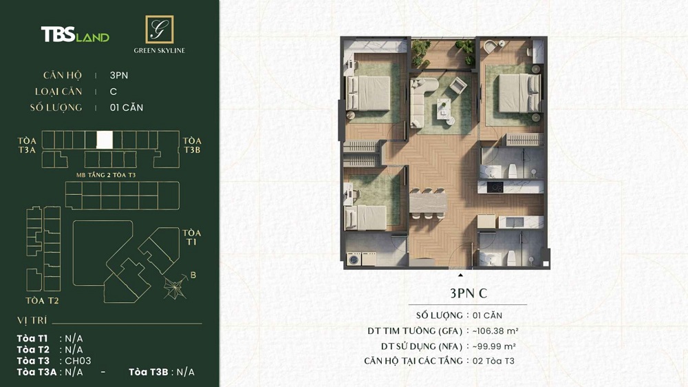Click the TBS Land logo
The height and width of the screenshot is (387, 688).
pos(75,35)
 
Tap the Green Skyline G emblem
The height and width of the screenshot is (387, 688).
pos(159,30)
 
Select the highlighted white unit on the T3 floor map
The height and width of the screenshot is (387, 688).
pos(104,140)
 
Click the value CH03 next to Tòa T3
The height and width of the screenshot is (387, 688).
pos(78,361)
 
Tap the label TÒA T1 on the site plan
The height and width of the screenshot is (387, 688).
pos(192,238)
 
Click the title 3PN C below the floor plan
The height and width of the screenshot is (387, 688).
pos(468,293)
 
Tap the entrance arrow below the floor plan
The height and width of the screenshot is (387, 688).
pos(460,275)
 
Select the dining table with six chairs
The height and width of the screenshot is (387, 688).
pos(428,203)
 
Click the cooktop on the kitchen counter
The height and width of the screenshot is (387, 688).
pos(495,187)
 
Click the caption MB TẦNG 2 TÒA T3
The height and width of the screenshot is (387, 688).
pos(106,175)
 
